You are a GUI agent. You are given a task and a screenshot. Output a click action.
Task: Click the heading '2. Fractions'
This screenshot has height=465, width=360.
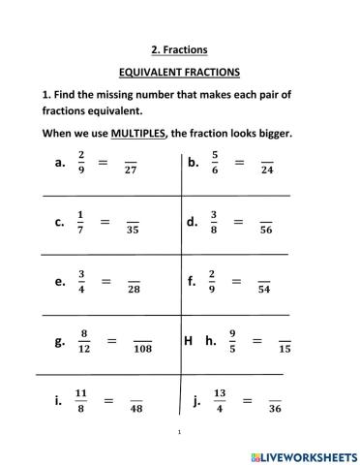click(180, 49)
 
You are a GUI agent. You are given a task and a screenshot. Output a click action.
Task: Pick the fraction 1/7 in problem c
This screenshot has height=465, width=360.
click(80, 223)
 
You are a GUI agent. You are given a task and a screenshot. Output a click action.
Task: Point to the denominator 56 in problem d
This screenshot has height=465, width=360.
click(265, 231)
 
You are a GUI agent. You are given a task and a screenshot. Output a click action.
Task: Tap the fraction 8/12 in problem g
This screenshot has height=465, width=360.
click(84, 341)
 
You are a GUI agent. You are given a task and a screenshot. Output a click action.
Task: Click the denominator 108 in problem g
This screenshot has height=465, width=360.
click(143, 349)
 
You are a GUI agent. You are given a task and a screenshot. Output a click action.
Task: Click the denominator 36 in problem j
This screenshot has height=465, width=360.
click(274, 408)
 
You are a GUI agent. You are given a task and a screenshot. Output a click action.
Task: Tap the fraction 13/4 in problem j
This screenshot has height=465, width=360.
click(219, 400)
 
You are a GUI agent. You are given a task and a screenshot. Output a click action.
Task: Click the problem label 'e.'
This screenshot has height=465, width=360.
click(60, 282)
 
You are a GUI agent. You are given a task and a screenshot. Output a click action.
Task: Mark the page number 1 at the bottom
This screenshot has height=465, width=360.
click(180, 433)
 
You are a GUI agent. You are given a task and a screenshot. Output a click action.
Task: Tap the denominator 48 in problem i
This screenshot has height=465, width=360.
click(136, 408)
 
